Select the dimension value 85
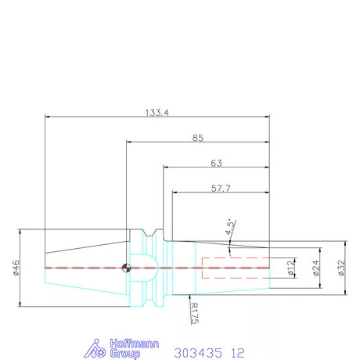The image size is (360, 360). click(199, 138)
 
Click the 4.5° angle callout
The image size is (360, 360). click(229, 227)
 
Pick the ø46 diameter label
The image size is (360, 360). click(16, 268)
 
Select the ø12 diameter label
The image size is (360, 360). click(290, 268)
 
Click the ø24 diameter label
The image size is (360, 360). click(315, 268)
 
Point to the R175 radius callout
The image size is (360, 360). click(194, 312)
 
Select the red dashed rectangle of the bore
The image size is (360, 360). click(235, 268)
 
